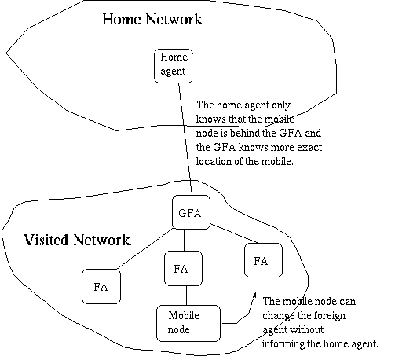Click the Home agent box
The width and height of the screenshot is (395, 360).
pyautogui.click(x=174, y=66)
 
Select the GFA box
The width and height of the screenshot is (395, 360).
pyautogui.click(x=191, y=212)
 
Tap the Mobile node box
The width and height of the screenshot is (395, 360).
pyautogui.click(x=188, y=323)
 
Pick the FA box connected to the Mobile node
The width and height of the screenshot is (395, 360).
pyautogui.click(x=183, y=268)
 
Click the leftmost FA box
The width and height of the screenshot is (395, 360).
pyautogui.click(x=101, y=286)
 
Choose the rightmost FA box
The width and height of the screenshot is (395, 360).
pyautogui.click(x=263, y=260)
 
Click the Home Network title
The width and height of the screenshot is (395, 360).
pyautogui.click(x=152, y=19)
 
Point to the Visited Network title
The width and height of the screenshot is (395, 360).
pyautogui.click(x=78, y=240)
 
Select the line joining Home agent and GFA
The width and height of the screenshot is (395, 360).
pyautogui.click(x=185, y=139)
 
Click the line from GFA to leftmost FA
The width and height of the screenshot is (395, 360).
pyautogui.click(x=145, y=248)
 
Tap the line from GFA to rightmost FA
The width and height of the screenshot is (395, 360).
pyautogui.click(x=234, y=233)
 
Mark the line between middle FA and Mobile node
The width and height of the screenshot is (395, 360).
pyautogui.click(x=186, y=296)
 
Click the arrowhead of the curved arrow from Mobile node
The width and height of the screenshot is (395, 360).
pyautogui.click(x=254, y=295)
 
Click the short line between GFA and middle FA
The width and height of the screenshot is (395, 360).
pyautogui.click(x=184, y=240)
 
